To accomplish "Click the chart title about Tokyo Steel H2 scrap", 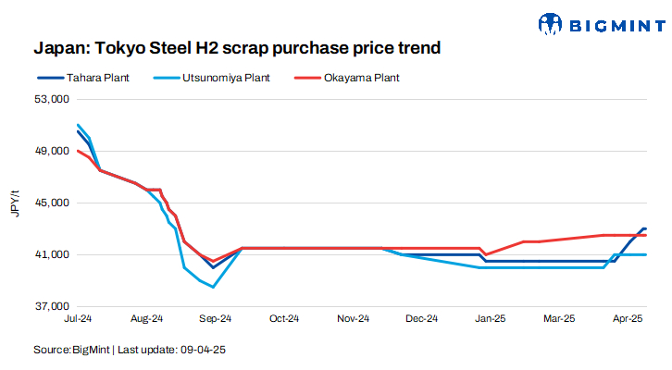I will (236, 45).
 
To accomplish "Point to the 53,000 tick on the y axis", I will (53, 99).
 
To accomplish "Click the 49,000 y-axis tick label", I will (53, 151).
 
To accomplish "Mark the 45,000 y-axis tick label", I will (53, 203).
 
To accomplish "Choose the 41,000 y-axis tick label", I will (53, 254).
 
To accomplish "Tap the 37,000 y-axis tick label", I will (53, 306).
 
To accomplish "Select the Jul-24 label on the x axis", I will (78, 318).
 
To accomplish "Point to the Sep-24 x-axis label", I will (215, 318).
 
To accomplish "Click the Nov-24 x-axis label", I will (353, 318).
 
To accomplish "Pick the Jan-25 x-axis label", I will (490, 318).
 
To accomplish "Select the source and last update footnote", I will (131, 351).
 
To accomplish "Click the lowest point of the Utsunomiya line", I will (214, 287).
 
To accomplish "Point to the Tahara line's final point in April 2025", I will (645, 228).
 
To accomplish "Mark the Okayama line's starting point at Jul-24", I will (79, 151).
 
